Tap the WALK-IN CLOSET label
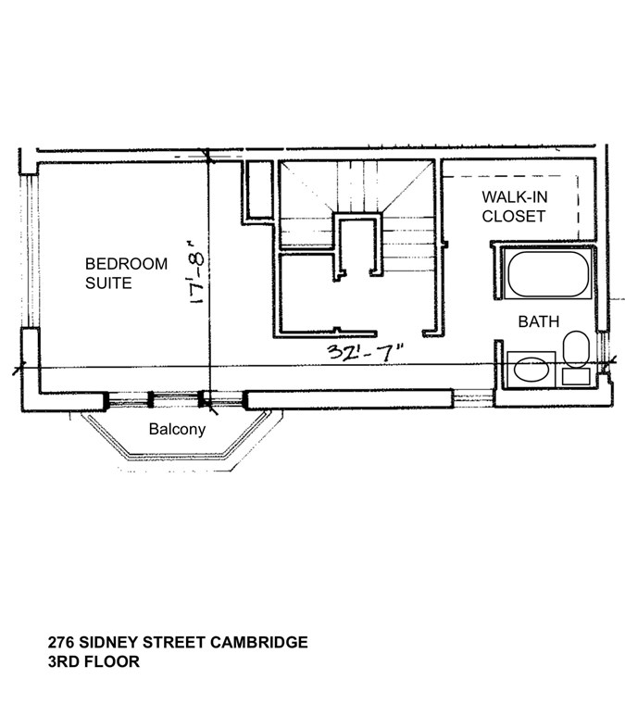pyautogui.click(x=513, y=207)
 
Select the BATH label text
pyautogui.click(x=538, y=321)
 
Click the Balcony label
pyautogui.click(x=177, y=430)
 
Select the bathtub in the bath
pyautogui.click(x=547, y=274)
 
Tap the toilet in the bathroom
pyautogui.click(x=576, y=349)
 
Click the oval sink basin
pyautogui.click(x=531, y=369)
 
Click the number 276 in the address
pyautogui.click(x=60, y=642)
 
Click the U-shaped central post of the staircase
pyautogui.click(x=358, y=245)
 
